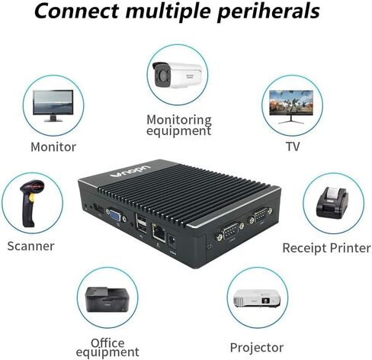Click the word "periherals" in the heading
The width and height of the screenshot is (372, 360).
(268, 11)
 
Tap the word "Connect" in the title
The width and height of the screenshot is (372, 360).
(76, 11)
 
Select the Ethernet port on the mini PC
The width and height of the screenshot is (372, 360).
(159, 232)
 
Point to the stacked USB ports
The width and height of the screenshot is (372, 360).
(141, 223)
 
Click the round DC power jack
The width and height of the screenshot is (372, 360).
(172, 240)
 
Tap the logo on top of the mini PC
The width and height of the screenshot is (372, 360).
(130, 171)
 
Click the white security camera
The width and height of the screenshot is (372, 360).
(177, 75)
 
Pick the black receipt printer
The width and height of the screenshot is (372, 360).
(332, 202)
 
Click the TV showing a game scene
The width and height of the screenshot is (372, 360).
(291, 107)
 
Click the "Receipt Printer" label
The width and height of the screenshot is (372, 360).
(326, 248)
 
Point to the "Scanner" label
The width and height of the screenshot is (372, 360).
(30, 246)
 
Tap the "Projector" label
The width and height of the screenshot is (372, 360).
(257, 348)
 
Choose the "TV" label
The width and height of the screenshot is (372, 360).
(293, 146)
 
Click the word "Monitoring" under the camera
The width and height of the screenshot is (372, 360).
(179, 120)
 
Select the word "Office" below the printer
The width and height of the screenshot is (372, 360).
(107, 343)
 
